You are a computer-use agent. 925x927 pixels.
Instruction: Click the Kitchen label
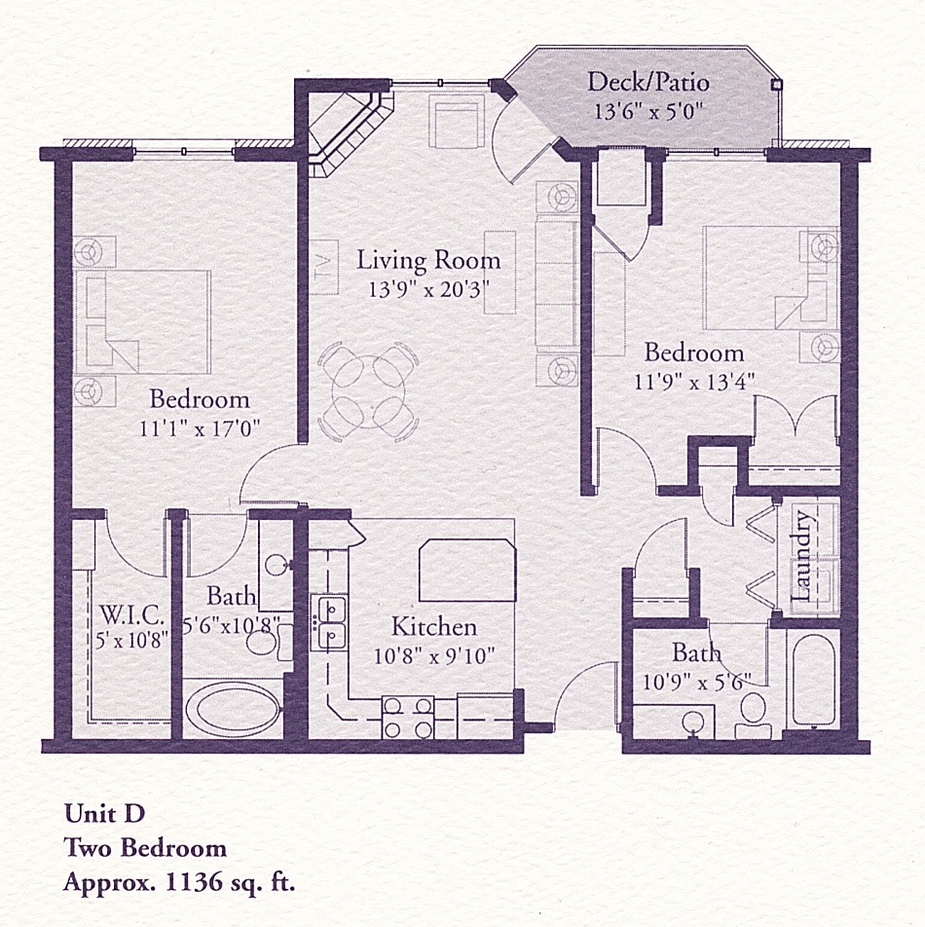tap(433, 626)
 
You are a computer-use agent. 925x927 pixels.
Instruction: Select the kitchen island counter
tap(465, 573)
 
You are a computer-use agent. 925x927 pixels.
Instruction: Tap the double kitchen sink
tap(329, 623)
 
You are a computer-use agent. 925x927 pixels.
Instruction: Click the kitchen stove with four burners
tap(408, 718)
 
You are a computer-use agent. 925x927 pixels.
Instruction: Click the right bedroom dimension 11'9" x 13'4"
tap(693, 380)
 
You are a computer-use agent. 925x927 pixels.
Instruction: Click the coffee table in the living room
tap(500, 272)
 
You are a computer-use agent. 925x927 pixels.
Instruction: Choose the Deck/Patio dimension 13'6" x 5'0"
tap(647, 110)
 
